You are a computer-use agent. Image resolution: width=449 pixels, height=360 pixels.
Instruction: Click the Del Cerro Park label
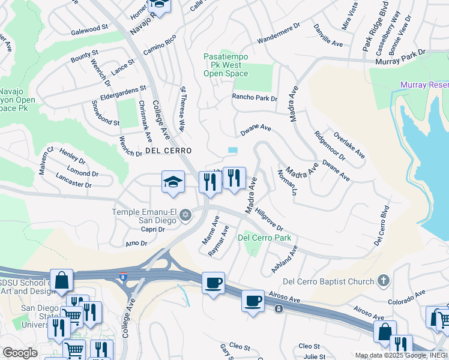coord(265,238)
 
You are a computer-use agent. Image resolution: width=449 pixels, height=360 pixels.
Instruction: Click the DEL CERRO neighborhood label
coord(168,151)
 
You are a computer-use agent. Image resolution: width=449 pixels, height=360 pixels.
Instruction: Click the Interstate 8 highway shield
coord(123,277)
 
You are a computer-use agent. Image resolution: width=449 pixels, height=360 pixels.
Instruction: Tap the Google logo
coord(20,353)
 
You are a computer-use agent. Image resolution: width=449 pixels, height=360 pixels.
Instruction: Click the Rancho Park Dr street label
coord(255,98)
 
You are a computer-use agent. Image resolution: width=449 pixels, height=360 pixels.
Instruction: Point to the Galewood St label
coord(89,28)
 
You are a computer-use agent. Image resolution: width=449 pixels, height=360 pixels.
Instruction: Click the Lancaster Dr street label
coord(73,181)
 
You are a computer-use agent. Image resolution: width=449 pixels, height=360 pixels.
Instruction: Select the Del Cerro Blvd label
coord(381,227)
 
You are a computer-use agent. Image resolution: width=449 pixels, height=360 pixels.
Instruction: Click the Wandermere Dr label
coord(279,35)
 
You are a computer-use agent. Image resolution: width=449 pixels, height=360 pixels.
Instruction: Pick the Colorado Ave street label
coord(406,296)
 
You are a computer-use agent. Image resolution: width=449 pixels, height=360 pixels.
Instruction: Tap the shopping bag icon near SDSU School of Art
coord(61,280)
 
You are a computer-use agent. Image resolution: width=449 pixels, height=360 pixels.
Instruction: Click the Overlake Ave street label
coord(349,145)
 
